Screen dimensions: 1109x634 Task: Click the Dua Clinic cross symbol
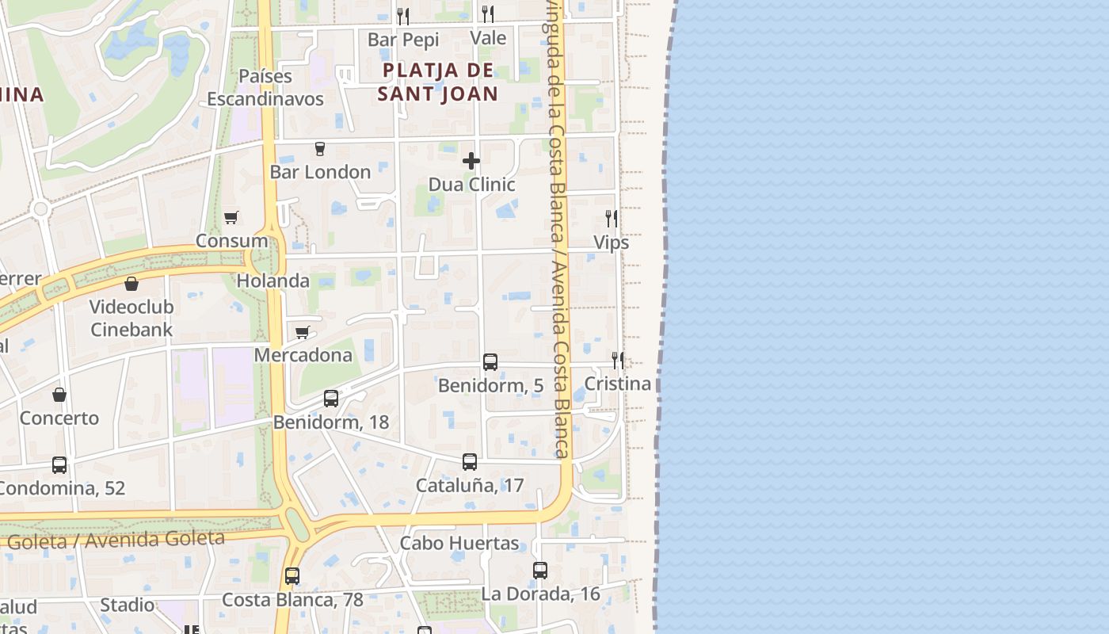point(471,161)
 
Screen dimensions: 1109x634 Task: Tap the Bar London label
point(320,172)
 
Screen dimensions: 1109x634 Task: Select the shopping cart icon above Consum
point(231,217)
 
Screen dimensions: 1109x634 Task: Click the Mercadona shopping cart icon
point(302,332)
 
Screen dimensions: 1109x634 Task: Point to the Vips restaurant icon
point(612,218)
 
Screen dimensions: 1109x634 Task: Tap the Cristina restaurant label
point(617,384)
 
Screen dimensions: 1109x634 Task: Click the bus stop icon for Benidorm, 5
point(490,362)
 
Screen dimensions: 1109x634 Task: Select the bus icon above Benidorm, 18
point(331,399)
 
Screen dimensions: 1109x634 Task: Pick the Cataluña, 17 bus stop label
point(470,485)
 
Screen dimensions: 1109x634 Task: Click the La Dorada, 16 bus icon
point(540,570)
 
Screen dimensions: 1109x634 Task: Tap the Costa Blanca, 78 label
point(292,600)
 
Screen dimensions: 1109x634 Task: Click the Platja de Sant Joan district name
point(438,82)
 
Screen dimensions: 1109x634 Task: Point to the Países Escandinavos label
point(265,87)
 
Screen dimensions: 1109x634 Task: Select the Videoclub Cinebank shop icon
point(131,283)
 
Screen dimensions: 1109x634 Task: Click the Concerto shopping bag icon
point(59,395)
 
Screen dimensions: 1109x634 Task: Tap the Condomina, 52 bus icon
point(59,465)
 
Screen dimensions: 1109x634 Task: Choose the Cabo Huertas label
point(459,544)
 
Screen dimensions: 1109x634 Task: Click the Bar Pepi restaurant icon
point(403,16)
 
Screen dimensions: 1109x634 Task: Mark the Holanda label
point(273,281)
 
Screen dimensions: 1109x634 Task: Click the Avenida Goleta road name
point(116,540)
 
